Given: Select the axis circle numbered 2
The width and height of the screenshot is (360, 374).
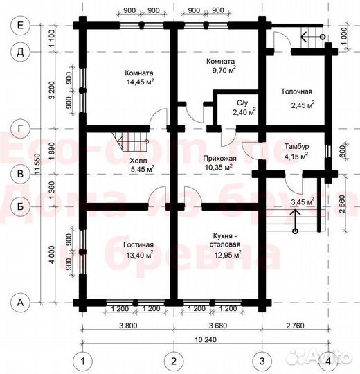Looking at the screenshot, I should pos(174,361).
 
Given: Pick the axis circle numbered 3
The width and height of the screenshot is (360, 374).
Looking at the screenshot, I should pos(262,361).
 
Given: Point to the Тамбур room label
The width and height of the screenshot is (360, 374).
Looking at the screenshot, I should pos(296,146).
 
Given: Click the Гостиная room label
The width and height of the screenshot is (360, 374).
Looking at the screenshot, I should pos(139,244).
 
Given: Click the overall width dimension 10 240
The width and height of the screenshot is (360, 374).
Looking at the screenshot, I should pos(205,340).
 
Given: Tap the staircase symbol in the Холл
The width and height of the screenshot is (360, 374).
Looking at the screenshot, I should pos(133,143).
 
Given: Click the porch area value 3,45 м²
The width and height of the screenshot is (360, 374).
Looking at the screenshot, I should pos(303,202).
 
